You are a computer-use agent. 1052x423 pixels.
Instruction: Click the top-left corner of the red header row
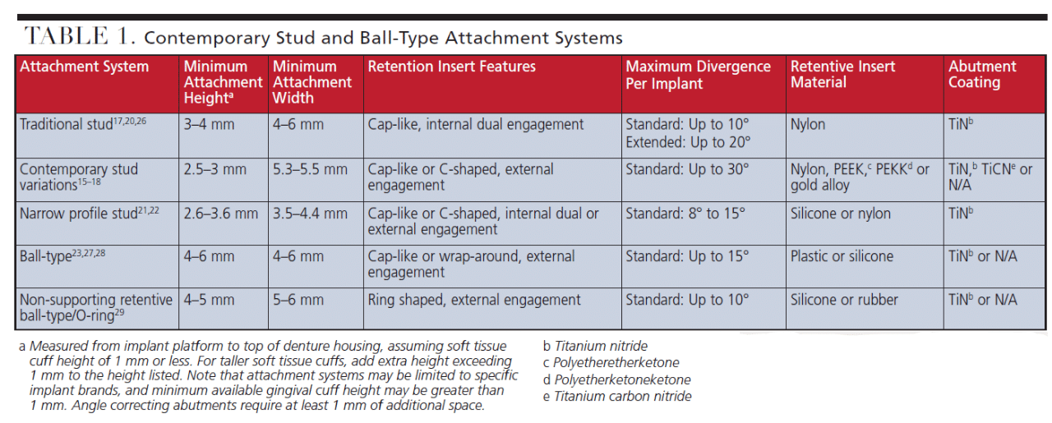[16, 57]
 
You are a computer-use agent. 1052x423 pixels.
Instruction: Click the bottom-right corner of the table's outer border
[1046, 329]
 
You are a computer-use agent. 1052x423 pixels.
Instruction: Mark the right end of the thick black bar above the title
[1047, 17]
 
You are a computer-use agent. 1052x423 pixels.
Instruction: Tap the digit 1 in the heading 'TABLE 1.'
[122, 35]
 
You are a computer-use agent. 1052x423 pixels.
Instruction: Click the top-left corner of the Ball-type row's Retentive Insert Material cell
[787, 245]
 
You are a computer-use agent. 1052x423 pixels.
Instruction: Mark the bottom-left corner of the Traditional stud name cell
[16, 158]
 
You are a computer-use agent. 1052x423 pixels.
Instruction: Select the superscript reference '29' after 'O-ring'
[120, 312]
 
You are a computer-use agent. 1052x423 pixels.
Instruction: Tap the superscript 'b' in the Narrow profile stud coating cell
[971, 210]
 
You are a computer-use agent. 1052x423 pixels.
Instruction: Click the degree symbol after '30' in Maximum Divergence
[745, 166]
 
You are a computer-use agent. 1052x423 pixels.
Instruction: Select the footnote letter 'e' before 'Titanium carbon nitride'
[547, 397]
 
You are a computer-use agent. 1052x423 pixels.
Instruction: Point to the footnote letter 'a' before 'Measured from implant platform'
[22, 347]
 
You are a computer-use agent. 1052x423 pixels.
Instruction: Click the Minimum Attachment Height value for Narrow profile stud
[221, 214]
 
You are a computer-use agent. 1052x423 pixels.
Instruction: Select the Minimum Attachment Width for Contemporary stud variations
[310, 169]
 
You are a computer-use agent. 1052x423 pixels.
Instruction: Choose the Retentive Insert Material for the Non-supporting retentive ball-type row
[844, 300]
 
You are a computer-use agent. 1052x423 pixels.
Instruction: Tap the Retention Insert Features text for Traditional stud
[475, 125]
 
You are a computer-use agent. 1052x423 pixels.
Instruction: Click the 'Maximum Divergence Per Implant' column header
[698, 75]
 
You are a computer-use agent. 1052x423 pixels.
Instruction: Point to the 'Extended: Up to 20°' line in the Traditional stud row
[688, 142]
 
